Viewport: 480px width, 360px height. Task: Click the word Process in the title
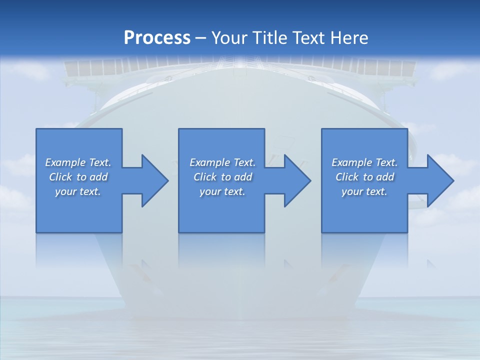click(x=157, y=38)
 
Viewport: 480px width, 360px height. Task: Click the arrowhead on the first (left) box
click(x=153, y=180)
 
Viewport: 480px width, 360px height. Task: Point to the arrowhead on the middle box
click(x=296, y=180)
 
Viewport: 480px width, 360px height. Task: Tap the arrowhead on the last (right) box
click(x=439, y=180)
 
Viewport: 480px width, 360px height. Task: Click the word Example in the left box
click(x=65, y=162)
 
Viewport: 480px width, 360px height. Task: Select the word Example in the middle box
click(x=209, y=162)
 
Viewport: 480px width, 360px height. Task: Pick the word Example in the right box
click(x=351, y=162)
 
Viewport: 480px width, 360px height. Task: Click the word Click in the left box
click(x=60, y=177)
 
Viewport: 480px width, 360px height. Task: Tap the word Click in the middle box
click(x=205, y=177)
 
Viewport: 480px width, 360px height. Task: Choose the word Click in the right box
click(x=347, y=177)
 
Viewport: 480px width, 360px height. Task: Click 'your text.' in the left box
click(x=78, y=191)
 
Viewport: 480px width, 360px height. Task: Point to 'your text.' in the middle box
click(x=222, y=191)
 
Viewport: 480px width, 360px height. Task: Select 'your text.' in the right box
click(x=364, y=191)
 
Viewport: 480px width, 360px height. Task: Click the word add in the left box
click(x=98, y=177)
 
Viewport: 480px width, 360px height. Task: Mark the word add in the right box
click(x=385, y=177)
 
